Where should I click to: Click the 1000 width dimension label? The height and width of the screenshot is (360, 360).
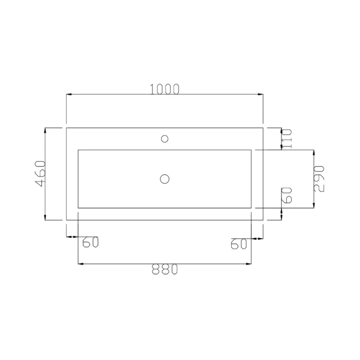pyautogui.click(x=165, y=89)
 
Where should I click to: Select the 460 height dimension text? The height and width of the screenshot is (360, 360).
pyautogui.click(x=40, y=174)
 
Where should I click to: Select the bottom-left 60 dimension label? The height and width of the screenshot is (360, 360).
pyautogui.click(x=91, y=242)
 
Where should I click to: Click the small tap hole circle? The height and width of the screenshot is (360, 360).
pyautogui.click(x=165, y=139)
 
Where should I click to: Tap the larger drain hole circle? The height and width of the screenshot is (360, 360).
pyautogui.click(x=165, y=179)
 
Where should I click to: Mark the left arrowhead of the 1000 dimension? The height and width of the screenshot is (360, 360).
pyautogui.click(x=69, y=94)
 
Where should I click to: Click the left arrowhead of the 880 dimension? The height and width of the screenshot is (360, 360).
pyautogui.click(x=80, y=264)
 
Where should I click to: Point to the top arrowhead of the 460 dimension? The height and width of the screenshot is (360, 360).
pyautogui.click(x=45, y=130)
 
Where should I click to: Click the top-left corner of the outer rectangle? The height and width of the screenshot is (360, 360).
pyautogui.click(x=66, y=128)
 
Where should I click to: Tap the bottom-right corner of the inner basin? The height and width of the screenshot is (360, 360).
pyautogui.click(x=252, y=208)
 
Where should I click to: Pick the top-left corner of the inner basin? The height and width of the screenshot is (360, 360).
pyautogui.click(x=78, y=150)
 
